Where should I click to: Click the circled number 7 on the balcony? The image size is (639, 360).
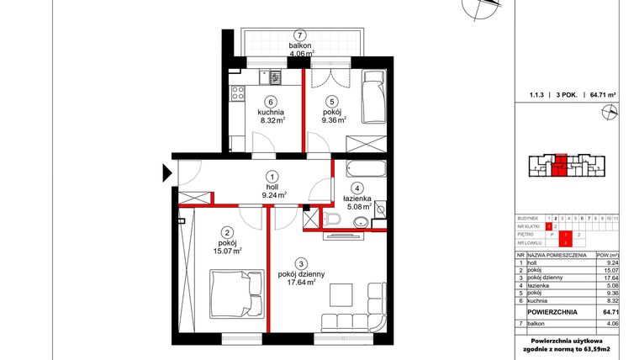(300, 34)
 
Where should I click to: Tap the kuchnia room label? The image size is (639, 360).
(270, 111)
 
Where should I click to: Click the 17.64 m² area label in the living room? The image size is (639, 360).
(300, 283)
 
